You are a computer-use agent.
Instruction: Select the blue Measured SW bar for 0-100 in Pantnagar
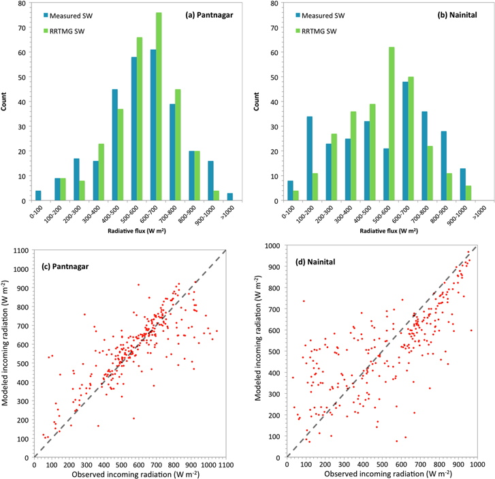tap(38, 196)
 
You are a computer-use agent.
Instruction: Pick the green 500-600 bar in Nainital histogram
tap(392, 124)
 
